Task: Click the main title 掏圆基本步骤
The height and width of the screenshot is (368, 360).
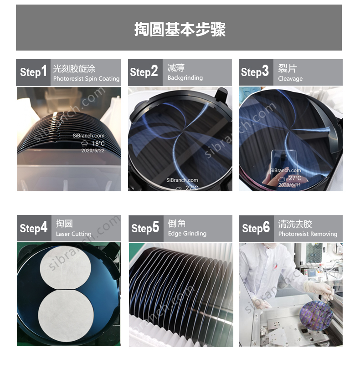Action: click(x=180, y=29)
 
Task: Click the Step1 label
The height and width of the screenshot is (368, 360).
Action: click(x=33, y=72)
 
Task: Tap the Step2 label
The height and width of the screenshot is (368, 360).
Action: click(x=144, y=72)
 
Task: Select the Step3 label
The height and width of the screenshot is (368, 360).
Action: click(x=255, y=72)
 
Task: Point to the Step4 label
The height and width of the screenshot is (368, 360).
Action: click(x=33, y=228)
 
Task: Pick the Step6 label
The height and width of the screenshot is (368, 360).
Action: click(x=256, y=228)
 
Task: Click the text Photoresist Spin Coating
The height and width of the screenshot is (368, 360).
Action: click(x=86, y=79)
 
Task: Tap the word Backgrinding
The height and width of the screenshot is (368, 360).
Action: click(x=185, y=78)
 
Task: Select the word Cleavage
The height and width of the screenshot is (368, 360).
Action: click(x=290, y=79)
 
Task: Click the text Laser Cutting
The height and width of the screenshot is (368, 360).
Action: click(x=73, y=234)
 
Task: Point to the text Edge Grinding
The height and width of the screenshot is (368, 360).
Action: click(x=187, y=234)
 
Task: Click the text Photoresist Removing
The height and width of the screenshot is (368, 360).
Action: click(x=308, y=234)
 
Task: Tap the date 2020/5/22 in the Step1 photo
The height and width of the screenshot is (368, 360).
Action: click(x=93, y=150)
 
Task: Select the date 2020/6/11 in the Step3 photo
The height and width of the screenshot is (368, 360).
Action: click(x=289, y=185)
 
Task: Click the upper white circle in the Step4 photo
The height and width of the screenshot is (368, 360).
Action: click(x=67, y=266)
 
